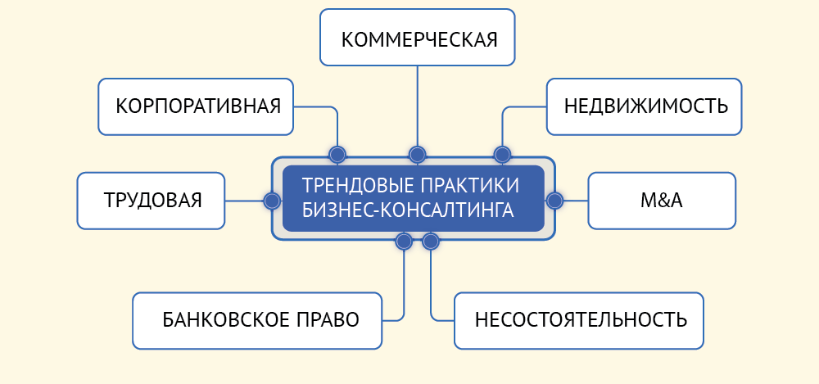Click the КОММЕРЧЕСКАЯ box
click(418, 38)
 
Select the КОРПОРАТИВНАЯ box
click(196, 106)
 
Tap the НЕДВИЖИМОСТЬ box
click(645, 106)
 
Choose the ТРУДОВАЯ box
click(151, 201)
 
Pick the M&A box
click(662, 201)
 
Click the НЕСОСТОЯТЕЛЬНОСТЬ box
click(579, 320)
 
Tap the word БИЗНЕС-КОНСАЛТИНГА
click(408, 210)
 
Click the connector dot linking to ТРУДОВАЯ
click(272, 201)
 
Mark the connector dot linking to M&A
click(554, 201)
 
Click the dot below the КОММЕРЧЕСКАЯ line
click(418, 154)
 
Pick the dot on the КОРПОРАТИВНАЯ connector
click(337, 154)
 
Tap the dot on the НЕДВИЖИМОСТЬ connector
click(502, 154)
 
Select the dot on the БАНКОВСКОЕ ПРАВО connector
click(404, 242)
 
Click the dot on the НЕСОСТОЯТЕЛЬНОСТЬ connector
click(431, 242)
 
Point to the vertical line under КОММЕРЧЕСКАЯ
click(418, 106)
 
